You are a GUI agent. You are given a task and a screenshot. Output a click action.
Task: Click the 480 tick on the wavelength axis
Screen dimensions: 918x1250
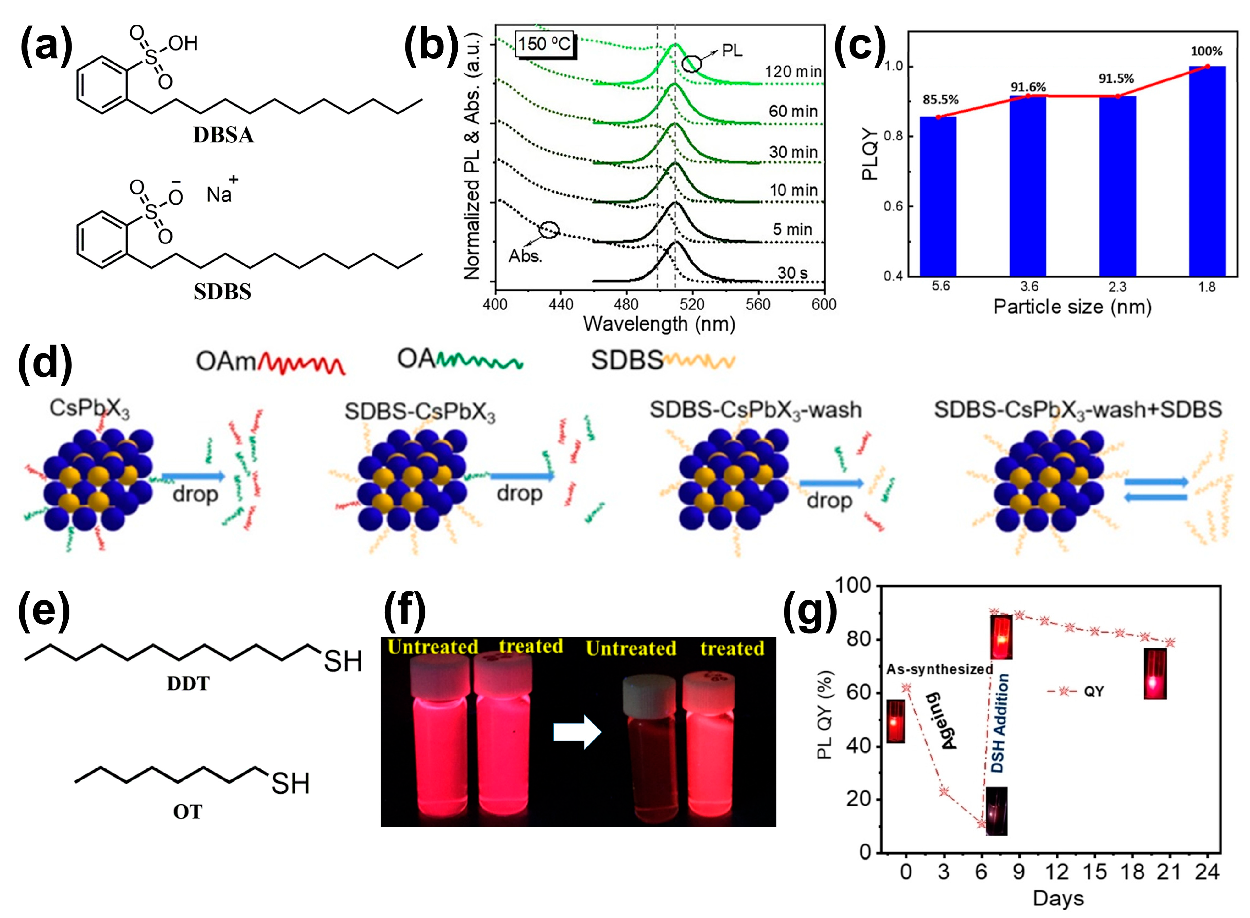click(x=626, y=304)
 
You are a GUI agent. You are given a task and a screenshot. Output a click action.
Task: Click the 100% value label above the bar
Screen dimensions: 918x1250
click(x=1206, y=52)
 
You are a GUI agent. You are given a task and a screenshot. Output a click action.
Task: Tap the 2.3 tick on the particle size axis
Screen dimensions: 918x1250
click(x=1117, y=287)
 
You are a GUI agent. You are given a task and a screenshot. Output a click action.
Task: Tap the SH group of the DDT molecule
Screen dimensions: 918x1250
click(x=342, y=661)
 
